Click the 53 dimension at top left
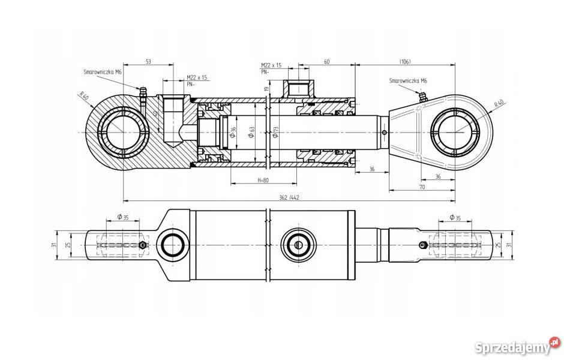click(x=147, y=61)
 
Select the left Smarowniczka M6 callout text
click(x=103, y=71)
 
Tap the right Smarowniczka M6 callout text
click(x=408, y=80)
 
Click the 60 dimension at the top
click(x=327, y=61)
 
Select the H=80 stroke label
click(x=263, y=179)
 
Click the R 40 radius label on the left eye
click(x=83, y=96)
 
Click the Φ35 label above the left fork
click(x=122, y=217)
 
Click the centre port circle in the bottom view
click(x=297, y=244)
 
